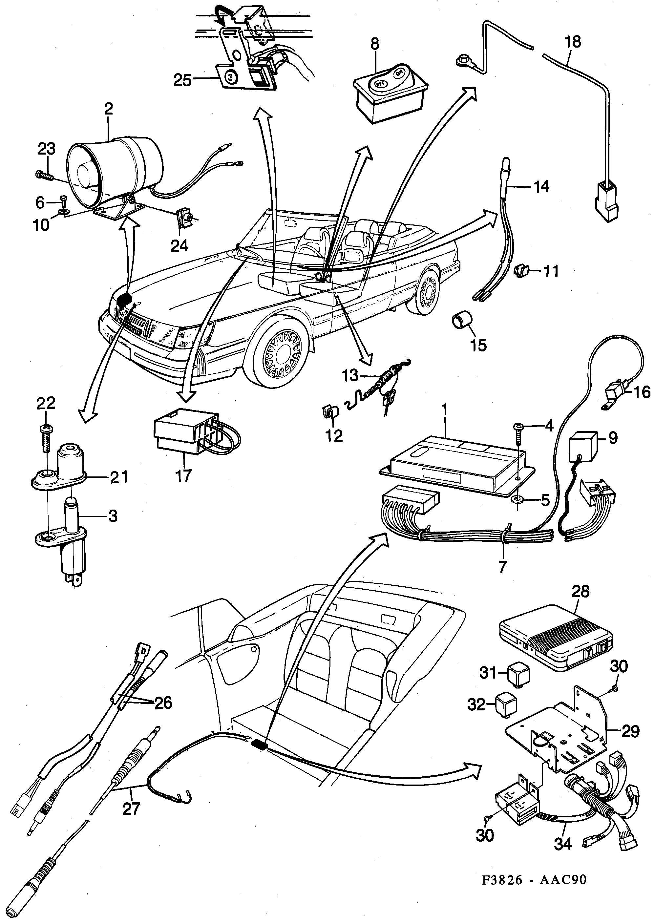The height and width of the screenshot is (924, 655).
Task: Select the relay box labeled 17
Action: pos(185,435)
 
